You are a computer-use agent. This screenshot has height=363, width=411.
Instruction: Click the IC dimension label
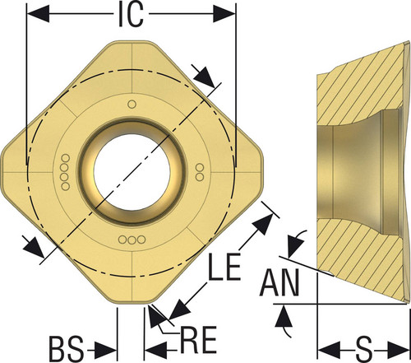click(131, 14)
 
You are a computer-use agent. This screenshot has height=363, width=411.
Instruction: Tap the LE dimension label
click(224, 267)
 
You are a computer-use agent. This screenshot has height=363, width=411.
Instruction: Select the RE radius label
click(198, 339)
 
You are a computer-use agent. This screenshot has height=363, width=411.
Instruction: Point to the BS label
click(66, 349)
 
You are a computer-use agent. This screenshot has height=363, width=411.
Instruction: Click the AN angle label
click(279, 282)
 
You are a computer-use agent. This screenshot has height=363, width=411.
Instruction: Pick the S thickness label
click(364, 351)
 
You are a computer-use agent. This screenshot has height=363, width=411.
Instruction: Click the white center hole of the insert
click(132, 172)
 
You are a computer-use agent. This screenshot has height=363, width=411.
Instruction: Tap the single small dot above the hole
click(132, 105)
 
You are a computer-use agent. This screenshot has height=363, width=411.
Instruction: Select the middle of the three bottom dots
click(132, 240)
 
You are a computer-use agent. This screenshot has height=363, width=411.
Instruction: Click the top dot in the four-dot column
click(66, 158)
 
